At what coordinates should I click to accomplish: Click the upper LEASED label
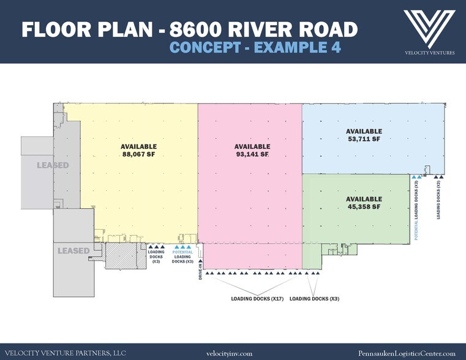point(52,165)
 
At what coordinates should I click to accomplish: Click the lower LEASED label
point(73,250)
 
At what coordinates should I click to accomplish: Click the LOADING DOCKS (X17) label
point(257,299)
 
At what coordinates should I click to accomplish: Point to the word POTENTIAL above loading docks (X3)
point(183,252)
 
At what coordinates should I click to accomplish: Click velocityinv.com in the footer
point(230,353)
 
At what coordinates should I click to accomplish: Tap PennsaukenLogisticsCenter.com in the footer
point(407,353)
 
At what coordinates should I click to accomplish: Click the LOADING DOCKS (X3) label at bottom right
point(314,299)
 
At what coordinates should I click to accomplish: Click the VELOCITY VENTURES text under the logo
point(429,53)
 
